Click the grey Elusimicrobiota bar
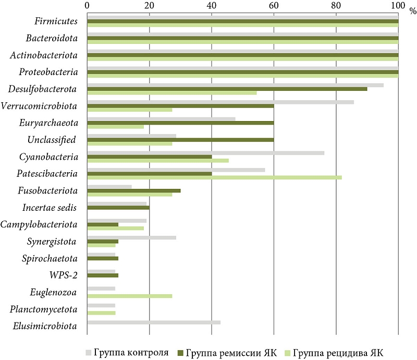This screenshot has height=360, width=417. [154, 322]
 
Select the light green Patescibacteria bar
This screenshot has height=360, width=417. [214, 177]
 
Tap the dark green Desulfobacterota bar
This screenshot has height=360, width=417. [227, 89]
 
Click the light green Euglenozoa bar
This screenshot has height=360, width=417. [129, 296]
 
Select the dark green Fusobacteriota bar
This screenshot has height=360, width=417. [133, 190]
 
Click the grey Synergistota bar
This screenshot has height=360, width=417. [131, 237]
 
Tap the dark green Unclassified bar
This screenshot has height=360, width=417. [180, 139]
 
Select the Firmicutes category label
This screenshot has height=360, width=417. [56, 22]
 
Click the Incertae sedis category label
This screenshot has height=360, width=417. [50, 208]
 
